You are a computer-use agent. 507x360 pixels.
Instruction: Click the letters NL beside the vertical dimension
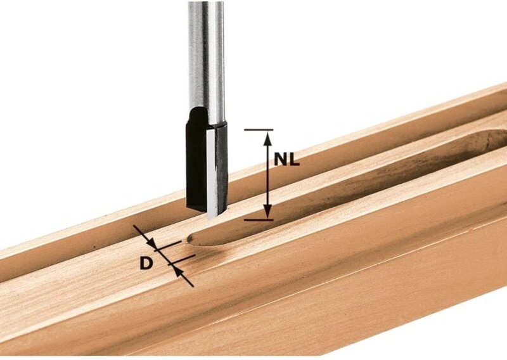[x=286, y=160]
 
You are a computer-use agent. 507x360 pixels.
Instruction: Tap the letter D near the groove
[x=146, y=262]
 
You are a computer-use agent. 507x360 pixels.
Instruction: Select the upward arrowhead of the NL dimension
[x=267, y=136]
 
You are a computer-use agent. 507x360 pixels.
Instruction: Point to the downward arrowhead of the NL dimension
[x=267, y=214]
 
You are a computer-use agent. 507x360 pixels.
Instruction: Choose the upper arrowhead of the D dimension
[x=152, y=243]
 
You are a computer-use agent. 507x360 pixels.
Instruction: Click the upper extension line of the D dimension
[x=169, y=244]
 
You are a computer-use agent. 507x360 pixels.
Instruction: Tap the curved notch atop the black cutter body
[x=198, y=114]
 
